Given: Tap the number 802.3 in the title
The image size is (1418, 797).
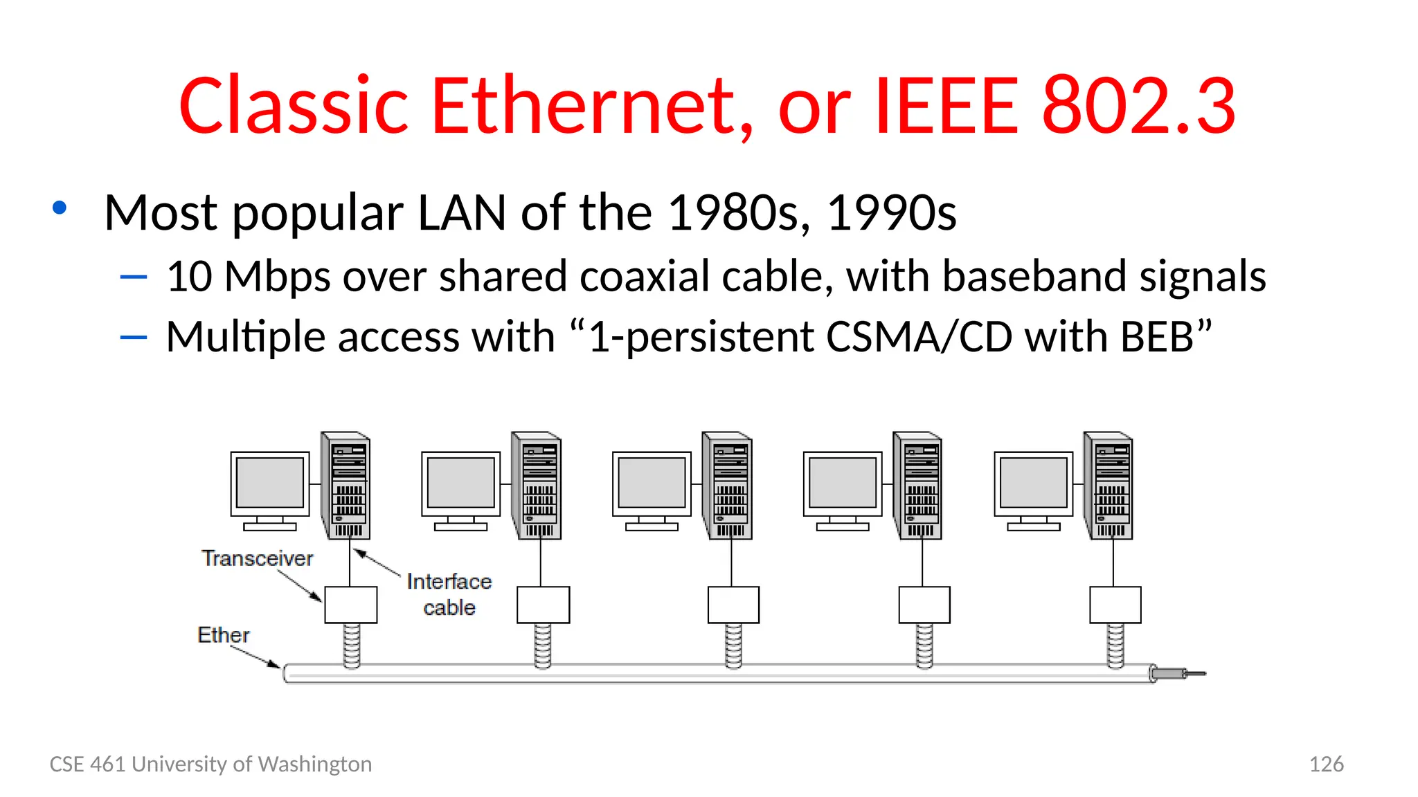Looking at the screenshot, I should tap(1138, 106).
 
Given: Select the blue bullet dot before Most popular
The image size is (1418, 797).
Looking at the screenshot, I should tap(60, 208).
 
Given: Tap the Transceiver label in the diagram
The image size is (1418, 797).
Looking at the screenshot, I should tap(257, 558).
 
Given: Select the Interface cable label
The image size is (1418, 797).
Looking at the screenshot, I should tap(449, 594).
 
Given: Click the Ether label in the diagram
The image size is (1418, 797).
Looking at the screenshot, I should tap(223, 634).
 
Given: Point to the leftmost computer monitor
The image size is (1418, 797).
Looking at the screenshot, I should tap(270, 484).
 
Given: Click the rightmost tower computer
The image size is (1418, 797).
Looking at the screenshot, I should tap(1109, 486).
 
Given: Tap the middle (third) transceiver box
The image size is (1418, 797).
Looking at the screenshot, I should tap(733, 605).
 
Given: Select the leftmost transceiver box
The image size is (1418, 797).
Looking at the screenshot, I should tap(351, 605).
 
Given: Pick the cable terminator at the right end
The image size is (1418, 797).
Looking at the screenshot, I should tap(1177, 673).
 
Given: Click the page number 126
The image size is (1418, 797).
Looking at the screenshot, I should tap(1326, 764).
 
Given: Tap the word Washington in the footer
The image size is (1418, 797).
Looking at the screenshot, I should tap(314, 764).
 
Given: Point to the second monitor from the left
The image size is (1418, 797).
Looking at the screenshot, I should tap(461, 484).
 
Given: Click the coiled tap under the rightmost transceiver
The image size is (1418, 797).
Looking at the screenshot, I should tap(1115, 645).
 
